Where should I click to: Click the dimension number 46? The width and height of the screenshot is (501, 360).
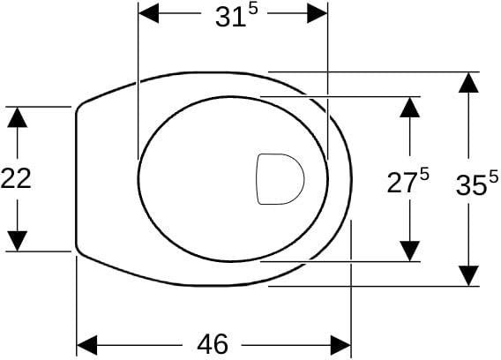click(213, 344)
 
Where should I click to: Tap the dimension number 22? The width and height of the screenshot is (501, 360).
click(16, 178)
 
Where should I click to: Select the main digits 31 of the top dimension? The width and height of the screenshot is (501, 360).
click(230, 18)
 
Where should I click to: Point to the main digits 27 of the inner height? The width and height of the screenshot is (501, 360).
click(402, 183)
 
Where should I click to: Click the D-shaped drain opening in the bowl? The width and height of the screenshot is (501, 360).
click(280, 179)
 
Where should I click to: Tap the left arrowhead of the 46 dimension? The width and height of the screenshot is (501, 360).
click(87, 345)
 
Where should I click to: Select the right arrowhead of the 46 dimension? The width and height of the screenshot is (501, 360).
click(340, 345)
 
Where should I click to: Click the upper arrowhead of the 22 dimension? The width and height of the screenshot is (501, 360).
click(18, 117)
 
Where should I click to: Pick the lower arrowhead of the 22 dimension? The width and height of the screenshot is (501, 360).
click(18, 241)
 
